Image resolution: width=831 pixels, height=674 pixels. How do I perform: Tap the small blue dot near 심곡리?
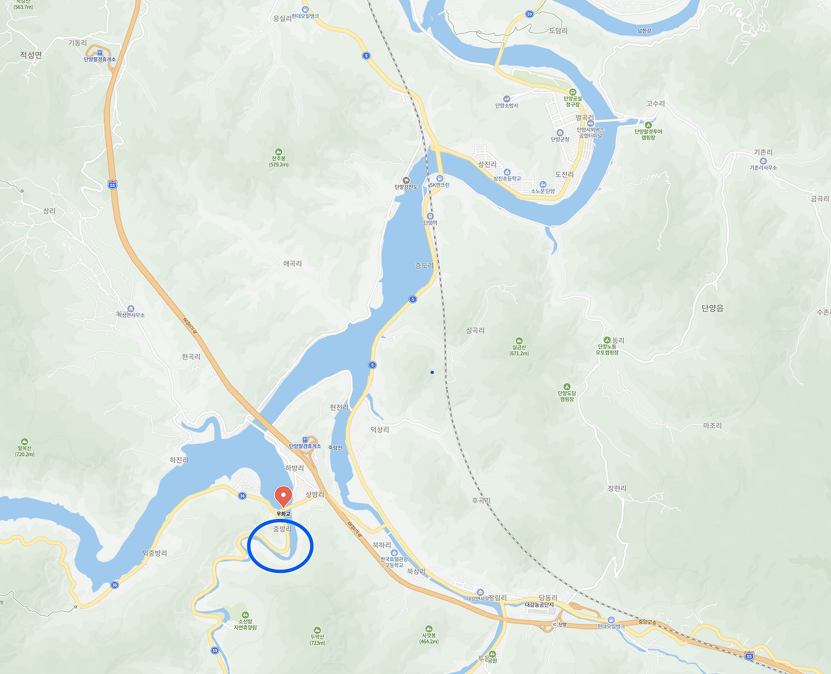pyautogui.click(x=432, y=372)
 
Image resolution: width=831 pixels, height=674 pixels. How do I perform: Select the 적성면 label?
pyautogui.click(x=31, y=55)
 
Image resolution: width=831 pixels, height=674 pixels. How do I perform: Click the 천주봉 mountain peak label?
pyautogui.click(x=279, y=159)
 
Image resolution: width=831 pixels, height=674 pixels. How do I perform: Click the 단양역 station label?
pyautogui.click(x=430, y=223)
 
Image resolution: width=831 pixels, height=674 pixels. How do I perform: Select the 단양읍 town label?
pyautogui.click(x=712, y=308)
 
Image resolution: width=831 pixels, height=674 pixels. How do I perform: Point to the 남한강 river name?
pyautogui.click(x=644, y=30)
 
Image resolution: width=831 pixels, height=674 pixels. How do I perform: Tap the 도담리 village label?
pyautogui.click(x=558, y=30)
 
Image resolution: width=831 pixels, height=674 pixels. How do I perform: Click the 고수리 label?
pyautogui.click(x=656, y=104)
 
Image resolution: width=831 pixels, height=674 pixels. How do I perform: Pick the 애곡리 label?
pyautogui.click(x=292, y=264)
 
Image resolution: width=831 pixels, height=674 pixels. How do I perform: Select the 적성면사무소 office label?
pyautogui.click(x=130, y=315)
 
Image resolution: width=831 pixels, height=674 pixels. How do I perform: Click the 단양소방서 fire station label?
pyautogui.click(x=506, y=105)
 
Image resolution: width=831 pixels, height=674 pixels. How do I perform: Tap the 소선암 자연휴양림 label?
pyautogui.click(x=245, y=624)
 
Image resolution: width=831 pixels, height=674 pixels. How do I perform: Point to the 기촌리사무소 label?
pyautogui.click(x=763, y=167)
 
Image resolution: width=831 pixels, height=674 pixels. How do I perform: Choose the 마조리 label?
pyautogui.click(x=712, y=426)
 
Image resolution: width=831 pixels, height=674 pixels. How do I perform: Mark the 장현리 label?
pyautogui.click(x=617, y=488)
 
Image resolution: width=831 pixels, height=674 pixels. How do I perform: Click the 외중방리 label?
pyautogui.click(x=155, y=553)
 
